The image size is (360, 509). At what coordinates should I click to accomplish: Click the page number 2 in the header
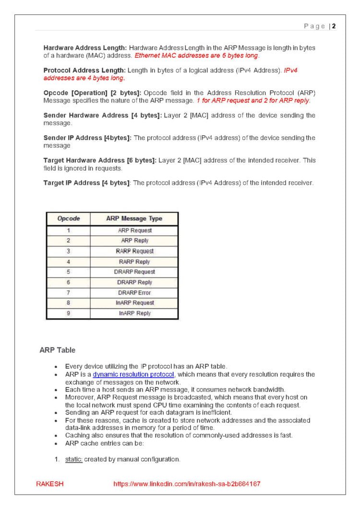coord(334,26)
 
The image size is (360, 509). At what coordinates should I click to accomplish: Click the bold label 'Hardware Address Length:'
coord(85,48)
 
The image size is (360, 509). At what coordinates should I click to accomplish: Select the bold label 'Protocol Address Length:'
coord(84,71)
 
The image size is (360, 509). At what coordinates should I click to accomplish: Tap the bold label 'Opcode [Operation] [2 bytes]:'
coord(93,93)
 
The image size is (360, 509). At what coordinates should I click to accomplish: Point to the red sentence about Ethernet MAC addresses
coord(197,56)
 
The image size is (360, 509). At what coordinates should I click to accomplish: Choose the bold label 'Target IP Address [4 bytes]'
coord(87,182)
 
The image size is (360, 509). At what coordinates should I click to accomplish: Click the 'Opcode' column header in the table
coord(68,219)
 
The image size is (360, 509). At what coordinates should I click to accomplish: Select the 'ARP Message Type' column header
coord(134,219)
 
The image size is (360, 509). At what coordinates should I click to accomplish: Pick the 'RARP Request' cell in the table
coord(134,251)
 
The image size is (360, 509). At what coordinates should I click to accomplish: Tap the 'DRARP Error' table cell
coord(134,293)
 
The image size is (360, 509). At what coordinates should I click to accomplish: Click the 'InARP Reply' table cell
coord(134,313)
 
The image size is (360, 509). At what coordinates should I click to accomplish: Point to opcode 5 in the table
coord(68,272)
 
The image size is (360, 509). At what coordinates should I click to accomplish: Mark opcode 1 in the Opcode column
coord(68,230)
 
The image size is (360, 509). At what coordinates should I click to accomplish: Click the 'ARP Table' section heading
coord(57,350)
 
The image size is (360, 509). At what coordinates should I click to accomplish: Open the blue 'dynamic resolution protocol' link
coord(133,374)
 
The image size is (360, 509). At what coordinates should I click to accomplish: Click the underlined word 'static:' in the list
coord(74,459)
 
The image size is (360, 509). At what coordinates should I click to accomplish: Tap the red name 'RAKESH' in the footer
coord(50,484)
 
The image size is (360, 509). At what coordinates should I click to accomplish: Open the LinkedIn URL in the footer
coord(187,484)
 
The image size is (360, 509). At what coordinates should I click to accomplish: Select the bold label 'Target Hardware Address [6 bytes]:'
coord(99,160)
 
